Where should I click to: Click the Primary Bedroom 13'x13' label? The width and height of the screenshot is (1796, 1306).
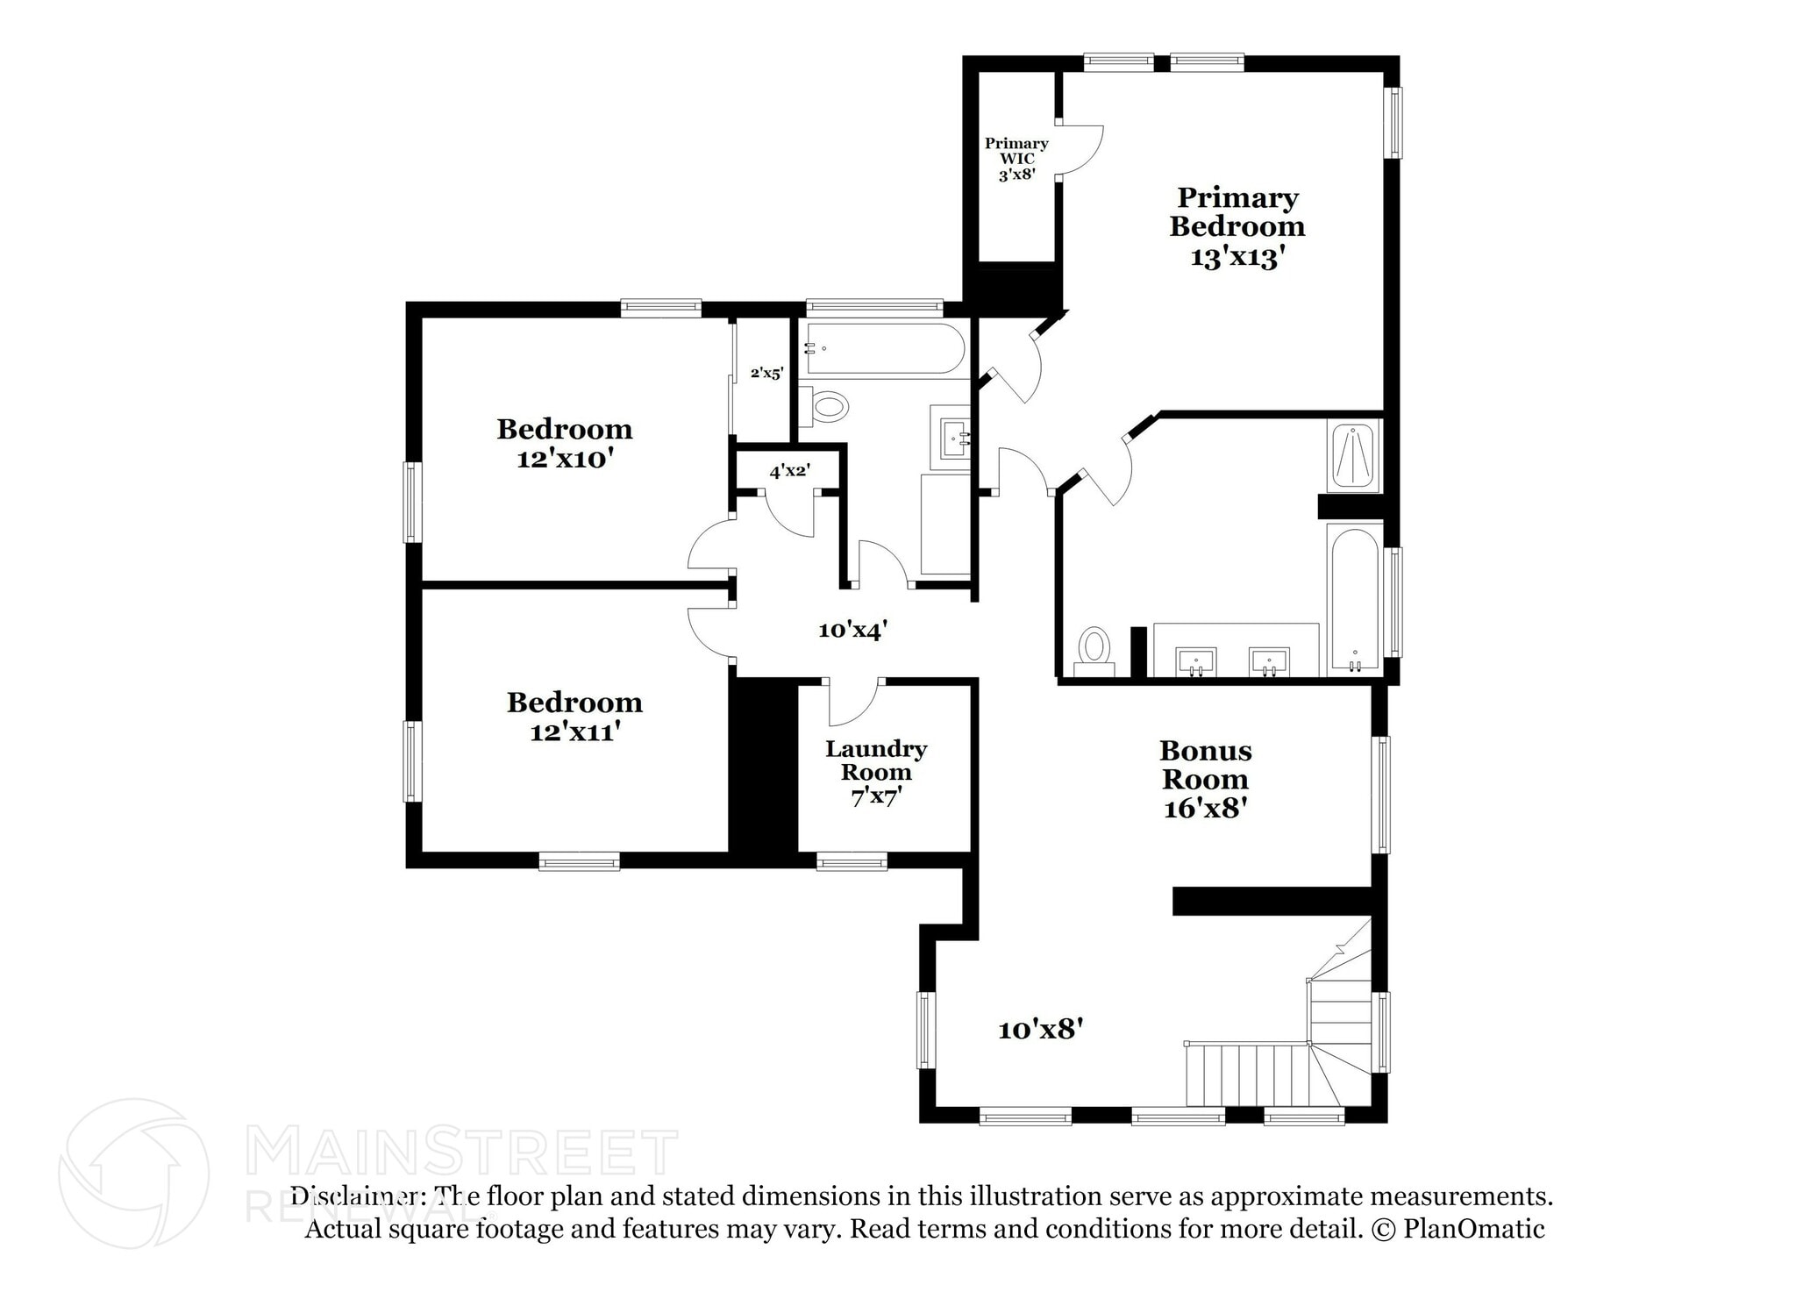tap(1237, 226)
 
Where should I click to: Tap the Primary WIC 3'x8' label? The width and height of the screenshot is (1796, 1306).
tap(1016, 159)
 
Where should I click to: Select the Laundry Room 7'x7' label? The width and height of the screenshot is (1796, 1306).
tap(876, 773)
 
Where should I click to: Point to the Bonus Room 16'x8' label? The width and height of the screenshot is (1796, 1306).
tap(1205, 779)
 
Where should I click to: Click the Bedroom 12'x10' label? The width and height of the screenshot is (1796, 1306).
tap(564, 443)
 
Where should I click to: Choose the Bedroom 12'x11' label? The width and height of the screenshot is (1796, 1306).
tap(574, 716)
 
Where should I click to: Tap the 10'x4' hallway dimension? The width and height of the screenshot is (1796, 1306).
tap(852, 630)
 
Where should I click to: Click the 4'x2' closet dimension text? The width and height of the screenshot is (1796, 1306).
tap(789, 471)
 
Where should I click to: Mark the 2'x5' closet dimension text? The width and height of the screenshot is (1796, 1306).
tap(766, 373)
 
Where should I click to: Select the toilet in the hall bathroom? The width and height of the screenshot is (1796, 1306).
tap(827, 407)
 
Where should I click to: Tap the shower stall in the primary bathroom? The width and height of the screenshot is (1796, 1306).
tap(1355, 456)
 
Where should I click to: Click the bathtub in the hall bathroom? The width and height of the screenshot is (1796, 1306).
tap(884, 349)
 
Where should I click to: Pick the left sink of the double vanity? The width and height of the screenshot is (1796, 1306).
tap(1195, 661)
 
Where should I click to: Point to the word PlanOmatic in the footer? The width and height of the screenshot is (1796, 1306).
tap(1473, 1229)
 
